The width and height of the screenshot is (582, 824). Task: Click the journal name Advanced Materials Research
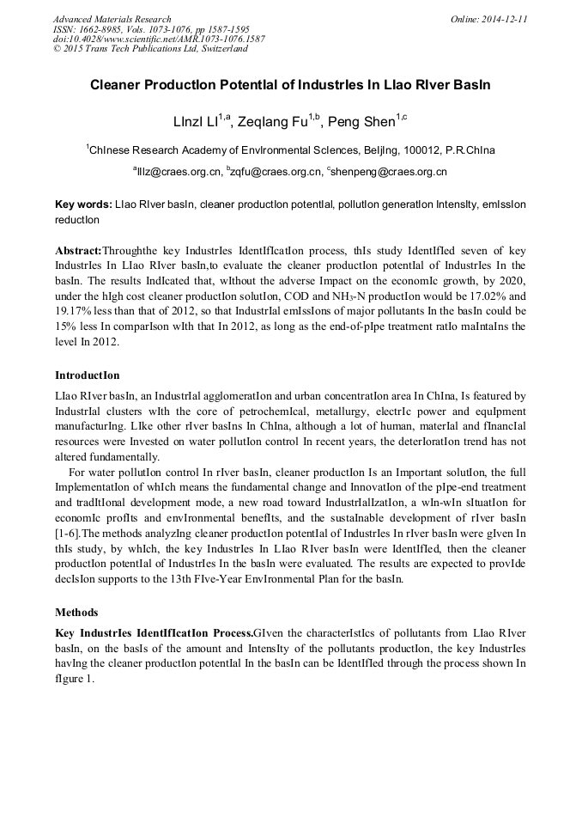(x=112, y=19)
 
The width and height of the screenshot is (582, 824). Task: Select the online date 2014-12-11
(x=504, y=19)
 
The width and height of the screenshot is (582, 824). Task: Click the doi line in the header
(x=159, y=39)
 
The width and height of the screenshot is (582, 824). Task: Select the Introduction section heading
(x=88, y=375)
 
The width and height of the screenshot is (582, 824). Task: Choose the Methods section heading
(x=77, y=613)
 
